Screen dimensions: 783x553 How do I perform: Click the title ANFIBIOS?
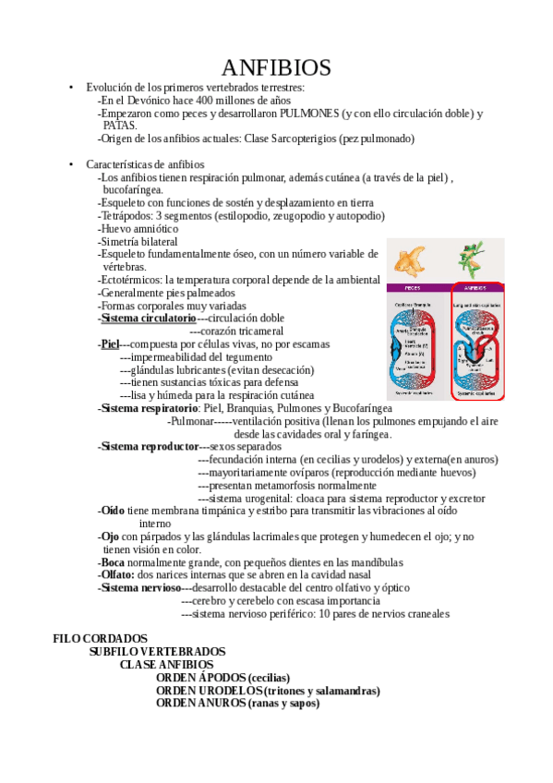[x=276, y=67]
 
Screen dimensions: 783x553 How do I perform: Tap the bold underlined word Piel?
[x=110, y=343]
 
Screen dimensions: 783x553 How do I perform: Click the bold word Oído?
[x=113, y=510]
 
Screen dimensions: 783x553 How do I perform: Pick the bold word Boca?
[x=114, y=561]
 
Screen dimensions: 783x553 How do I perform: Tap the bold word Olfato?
[x=117, y=574]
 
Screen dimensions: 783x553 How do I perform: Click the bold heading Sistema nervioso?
[x=141, y=587]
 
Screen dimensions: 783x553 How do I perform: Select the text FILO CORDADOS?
[x=100, y=638]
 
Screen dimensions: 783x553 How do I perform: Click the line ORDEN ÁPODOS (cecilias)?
[x=222, y=677]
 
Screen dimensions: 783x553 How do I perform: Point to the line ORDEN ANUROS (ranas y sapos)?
[x=237, y=703]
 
